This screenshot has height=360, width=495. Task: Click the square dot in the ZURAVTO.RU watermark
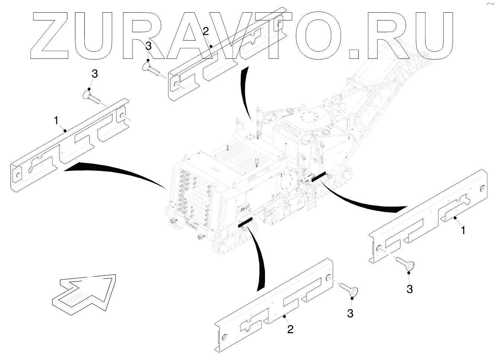(353, 53)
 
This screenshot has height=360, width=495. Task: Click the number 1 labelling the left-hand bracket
(56, 121)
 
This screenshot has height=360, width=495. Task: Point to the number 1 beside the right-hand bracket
(463, 230)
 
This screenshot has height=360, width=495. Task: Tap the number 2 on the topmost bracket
(206, 32)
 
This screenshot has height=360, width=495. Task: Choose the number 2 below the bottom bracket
(290, 329)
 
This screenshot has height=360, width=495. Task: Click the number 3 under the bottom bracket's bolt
(350, 313)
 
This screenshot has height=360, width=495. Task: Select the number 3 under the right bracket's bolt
(409, 289)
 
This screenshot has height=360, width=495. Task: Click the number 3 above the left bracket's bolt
(95, 74)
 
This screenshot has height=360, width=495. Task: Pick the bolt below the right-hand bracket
(405, 265)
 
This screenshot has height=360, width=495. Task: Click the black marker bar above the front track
(245, 223)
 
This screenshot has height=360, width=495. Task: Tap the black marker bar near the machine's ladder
(318, 177)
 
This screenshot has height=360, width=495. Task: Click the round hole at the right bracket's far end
(482, 188)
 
